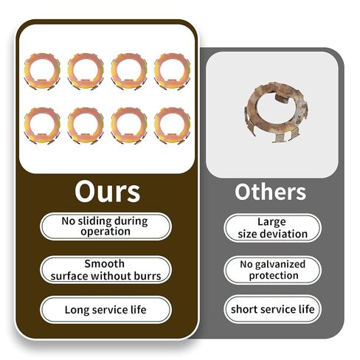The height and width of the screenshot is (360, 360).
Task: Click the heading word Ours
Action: pos(108,192)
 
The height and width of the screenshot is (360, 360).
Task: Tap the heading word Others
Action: pos(270,192)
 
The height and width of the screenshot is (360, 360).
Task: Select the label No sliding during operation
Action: pos(105,226)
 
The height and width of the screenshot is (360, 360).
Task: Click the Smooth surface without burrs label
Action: pos(105,270)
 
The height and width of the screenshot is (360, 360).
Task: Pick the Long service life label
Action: pos(105,310)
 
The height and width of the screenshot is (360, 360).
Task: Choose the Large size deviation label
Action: pos(272,228)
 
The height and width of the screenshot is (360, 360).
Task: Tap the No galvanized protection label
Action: pos(272,270)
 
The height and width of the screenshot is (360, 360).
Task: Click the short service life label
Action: pos(272,309)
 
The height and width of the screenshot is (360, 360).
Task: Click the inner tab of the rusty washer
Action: pos(283,98)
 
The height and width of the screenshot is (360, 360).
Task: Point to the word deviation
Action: pos(285,234)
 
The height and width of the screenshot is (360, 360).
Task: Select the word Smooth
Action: pos(105,264)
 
